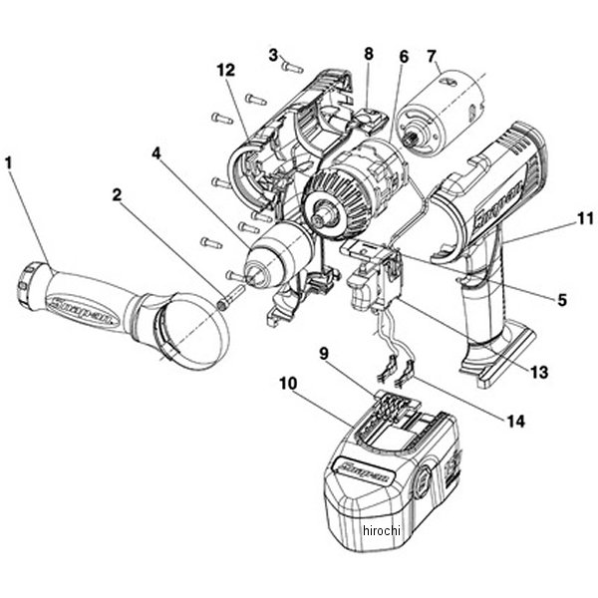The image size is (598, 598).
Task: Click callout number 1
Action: (x=10, y=159)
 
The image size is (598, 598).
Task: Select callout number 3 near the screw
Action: (x=272, y=53)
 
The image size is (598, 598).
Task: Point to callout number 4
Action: (x=156, y=154)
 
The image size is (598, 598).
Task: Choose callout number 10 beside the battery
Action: (x=288, y=380)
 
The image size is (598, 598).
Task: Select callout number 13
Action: (x=539, y=373)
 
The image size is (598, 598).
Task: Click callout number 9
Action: (x=323, y=352)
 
